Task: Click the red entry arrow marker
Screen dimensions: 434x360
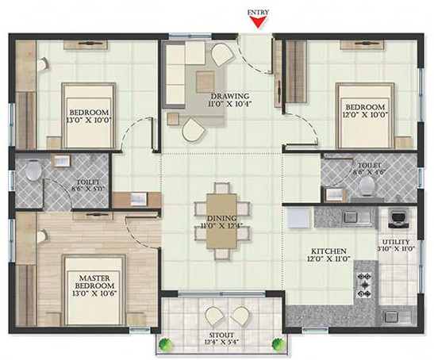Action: [258, 22]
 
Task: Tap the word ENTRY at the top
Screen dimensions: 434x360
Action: [258, 12]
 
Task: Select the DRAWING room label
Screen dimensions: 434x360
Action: [230, 96]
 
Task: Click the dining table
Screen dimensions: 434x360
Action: [221, 221]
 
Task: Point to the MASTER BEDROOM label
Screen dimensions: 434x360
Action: [94, 282]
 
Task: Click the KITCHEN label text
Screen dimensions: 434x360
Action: [328, 251]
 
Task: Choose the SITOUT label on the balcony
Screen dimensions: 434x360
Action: [222, 335]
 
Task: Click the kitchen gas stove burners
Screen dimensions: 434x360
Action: [364, 285]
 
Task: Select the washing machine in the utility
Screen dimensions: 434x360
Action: [398, 218]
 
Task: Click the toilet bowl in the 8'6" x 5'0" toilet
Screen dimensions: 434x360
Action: [33, 170]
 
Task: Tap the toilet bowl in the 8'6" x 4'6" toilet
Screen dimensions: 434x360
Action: [367, 185]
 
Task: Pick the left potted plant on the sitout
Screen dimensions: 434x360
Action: [166, 345]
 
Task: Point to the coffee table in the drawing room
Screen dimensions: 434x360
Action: [205, 82]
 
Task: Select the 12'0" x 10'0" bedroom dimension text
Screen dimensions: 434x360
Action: [364, 114]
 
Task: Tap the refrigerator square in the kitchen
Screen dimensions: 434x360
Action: [298, 218]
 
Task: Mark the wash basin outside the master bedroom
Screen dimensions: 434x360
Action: [138, 199]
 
